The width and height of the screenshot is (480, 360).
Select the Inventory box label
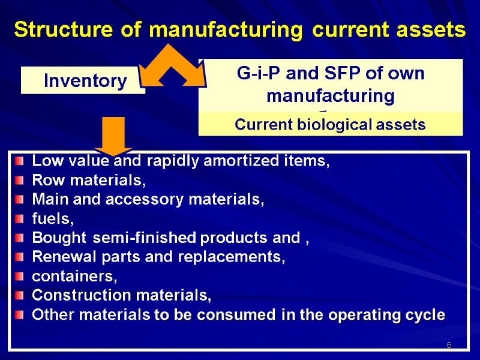pos(85,81)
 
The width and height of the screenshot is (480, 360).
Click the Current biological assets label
pos(330,125)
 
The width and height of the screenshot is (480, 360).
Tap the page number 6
pos(448,346)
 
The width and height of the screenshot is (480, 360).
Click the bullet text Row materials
pos(89,180)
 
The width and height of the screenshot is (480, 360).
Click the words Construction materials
pos(121,295)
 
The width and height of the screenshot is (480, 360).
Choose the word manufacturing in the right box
pos(331,95)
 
